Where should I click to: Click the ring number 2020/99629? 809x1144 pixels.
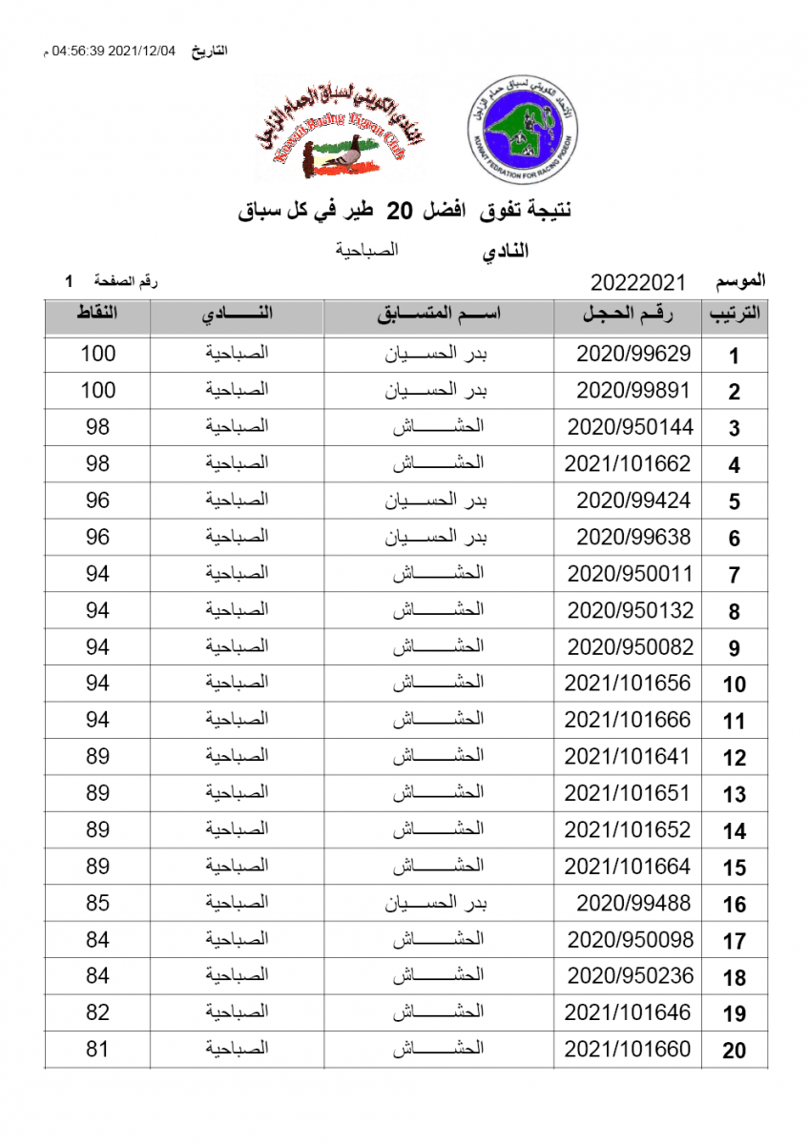point(633,354)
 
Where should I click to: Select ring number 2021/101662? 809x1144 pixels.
point(627,464)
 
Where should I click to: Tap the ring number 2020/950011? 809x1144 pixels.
point(630,574)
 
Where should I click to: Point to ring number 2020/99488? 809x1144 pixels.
point(633,903)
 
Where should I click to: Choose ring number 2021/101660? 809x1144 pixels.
point(627,1050)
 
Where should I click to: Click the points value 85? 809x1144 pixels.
point(97,903)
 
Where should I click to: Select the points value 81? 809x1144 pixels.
point(97,1050)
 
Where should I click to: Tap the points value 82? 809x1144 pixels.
point(97,1012)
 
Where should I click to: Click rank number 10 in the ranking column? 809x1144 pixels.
point(734,684)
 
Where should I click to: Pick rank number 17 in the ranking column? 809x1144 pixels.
point(734,941)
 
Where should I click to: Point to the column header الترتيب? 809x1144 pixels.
point(734,316)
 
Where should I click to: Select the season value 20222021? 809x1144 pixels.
point(638,282)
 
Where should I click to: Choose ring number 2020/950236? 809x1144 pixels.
point(630,976)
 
